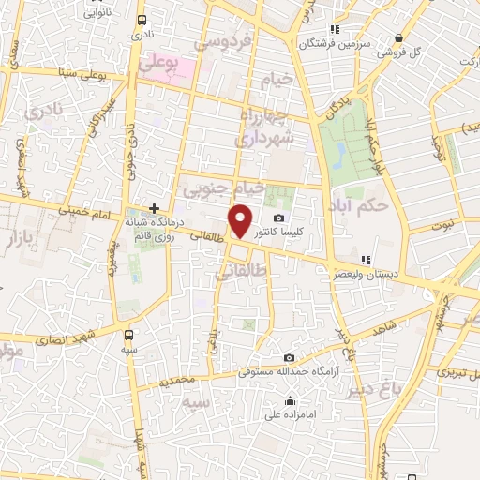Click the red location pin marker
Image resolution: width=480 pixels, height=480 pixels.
[x=240, y=220]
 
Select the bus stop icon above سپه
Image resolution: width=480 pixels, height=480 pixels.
[x=128, y=334]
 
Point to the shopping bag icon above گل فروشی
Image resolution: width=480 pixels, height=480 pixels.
[x=398, y=38]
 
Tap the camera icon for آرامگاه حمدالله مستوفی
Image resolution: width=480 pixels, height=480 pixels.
[x=289, y=358]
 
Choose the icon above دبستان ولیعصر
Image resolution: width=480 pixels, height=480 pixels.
[x=367, y=260]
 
